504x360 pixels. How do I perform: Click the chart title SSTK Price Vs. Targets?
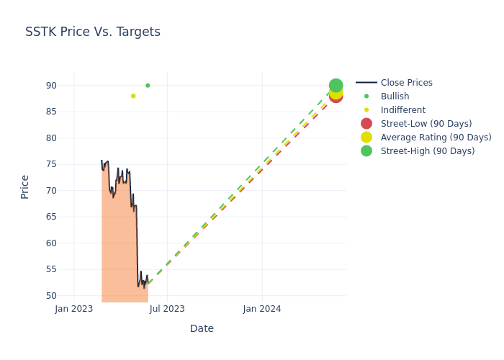coord(93,32)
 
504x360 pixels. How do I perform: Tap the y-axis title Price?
coord(25,186)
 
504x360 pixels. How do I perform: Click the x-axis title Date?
coord(202,328)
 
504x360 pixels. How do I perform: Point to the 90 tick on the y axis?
coord(51,86)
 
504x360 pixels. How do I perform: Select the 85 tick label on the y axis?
coord(51,112)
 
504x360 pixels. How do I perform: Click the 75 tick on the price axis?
coord(51,164)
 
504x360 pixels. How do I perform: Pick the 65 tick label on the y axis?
coord(51,217)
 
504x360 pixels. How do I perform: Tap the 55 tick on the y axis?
coord(51,269)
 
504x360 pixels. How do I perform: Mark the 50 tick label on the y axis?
coord(51,296)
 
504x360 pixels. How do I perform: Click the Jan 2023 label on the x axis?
coord(74,309)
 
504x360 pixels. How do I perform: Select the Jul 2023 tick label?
coord(167,309)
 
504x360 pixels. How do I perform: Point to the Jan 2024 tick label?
coord(262,309)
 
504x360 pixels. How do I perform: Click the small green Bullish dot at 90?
coord(148,86)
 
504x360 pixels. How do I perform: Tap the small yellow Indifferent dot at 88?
coord(133,96)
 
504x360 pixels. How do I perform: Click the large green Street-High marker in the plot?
coord(336,86)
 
